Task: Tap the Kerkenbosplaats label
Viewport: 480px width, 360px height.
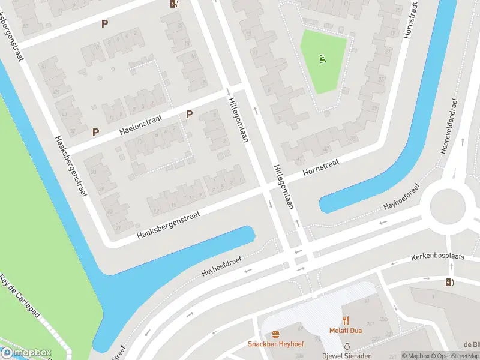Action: click(437, 256)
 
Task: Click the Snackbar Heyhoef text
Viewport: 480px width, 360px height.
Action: click(275, 344)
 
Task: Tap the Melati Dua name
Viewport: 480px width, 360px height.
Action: click(346, 330)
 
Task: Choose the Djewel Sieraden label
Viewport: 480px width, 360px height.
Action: click(347, 355)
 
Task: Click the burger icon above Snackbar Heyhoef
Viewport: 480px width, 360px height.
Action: click(275, 334)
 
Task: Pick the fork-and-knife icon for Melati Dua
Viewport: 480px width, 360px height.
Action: click(346, 320)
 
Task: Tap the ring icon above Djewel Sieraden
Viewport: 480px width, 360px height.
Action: click(347, 346)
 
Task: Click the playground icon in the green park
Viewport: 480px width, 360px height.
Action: click(323, 59)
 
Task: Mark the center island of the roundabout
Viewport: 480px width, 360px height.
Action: click(448, 206)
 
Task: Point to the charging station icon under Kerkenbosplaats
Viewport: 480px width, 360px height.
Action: click(450, 283)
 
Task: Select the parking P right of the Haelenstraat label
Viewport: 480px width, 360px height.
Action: click(189, 115)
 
